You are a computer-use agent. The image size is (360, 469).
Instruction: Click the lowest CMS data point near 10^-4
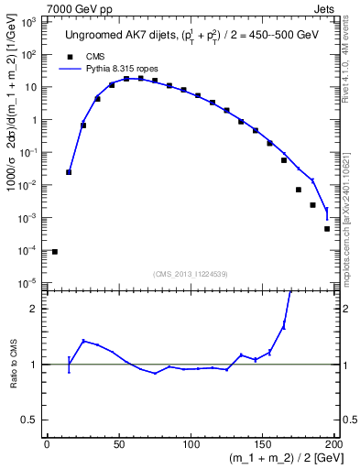[55, 251]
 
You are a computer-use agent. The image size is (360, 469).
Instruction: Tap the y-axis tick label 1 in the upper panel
[35, 120]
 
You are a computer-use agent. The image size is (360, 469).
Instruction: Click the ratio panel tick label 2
[36, 309]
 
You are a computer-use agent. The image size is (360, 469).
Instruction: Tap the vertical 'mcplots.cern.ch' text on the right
[353, 220]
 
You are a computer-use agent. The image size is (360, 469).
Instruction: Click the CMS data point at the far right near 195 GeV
[327, 229]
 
